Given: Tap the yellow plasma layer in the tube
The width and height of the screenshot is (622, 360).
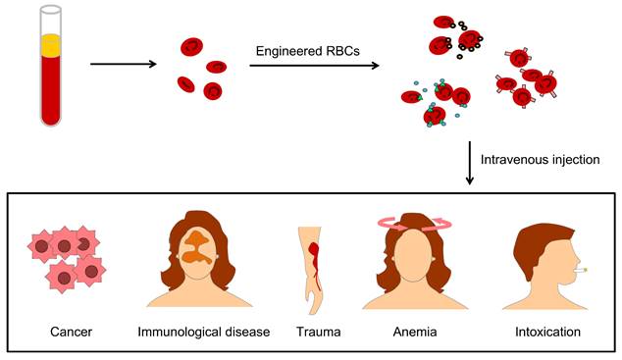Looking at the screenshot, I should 52,44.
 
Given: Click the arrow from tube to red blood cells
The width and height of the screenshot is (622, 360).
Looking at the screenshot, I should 124,66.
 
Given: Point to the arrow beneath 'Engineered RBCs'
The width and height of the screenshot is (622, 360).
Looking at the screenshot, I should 314,67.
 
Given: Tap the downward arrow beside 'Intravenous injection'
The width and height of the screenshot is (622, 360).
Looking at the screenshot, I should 470,162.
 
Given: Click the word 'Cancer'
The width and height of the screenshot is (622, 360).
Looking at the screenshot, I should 71,333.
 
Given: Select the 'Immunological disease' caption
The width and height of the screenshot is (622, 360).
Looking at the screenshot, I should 203,333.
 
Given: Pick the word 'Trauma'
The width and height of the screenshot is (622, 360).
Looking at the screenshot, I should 318,333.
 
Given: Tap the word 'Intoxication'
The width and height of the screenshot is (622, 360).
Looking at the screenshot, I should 547,333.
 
